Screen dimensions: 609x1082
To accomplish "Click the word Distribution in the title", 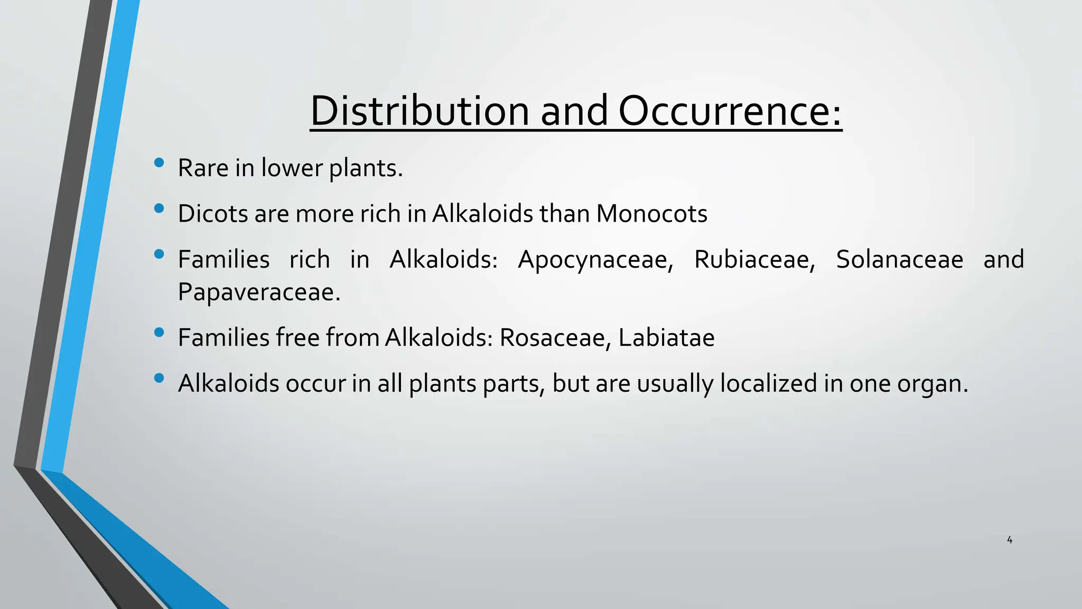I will click(419, 111).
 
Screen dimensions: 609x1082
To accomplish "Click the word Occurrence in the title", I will click(729, 111).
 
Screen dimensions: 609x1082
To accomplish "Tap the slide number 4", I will click(1010, 540).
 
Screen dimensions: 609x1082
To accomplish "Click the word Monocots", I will click(651, 214).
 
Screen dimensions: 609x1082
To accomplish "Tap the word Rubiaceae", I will click(754, 260).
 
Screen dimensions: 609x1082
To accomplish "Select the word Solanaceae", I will click(900, 260).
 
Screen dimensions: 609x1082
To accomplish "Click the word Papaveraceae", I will click(259, 292).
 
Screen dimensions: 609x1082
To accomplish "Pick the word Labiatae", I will click(666, 337).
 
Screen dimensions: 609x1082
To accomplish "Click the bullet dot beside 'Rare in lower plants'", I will click(159, 163).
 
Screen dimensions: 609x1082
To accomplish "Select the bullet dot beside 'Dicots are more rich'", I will click(159, 209).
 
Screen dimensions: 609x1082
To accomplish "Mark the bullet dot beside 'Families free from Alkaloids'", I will click(159, 333).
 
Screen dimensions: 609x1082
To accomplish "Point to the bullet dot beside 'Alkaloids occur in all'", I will click(159, 378).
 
